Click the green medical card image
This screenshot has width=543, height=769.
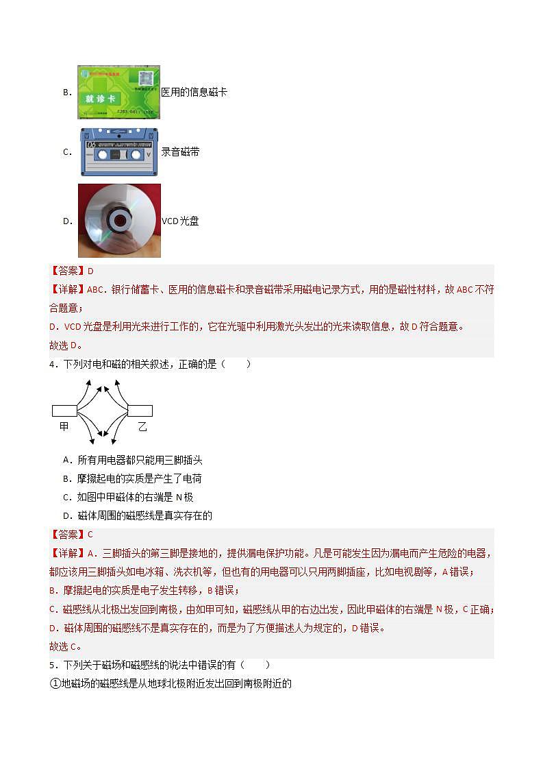pyautogui.click(x=118, y=91)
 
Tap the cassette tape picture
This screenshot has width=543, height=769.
pyautogui.click(x=119, y=152)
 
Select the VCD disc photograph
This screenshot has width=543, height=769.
pyautogui.click(x=119, y=220)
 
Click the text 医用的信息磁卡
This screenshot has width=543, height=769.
pyautogui.click(x=194, y=92)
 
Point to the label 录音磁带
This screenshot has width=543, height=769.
pyautogui.click(x=180, y=152)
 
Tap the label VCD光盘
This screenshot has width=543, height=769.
pyautogui.click(x=180, y=221)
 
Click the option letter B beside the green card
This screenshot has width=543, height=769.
pyautogui.click(x=67, y=92)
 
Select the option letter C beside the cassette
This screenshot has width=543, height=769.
pyautogui.click(x=67, y=152)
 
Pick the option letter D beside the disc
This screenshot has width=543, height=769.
pyautogui.click(x=67, y=221)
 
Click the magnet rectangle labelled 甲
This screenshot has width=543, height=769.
pyautogui.click(x=64, y=411)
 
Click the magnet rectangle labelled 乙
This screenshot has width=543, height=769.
pyautogui.click(x=140, y=411)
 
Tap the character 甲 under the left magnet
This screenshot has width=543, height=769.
pyautogui.click(x=64, y=426)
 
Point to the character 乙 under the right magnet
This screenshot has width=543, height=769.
pyautogui.click(x=142, y=426)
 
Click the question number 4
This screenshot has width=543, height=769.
pyautogui.click(x=52, y=364)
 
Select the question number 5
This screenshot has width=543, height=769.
pyautogui.click(x=52, y=665)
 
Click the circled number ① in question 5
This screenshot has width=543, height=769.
pyautogui.click(x=55, y=683)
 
